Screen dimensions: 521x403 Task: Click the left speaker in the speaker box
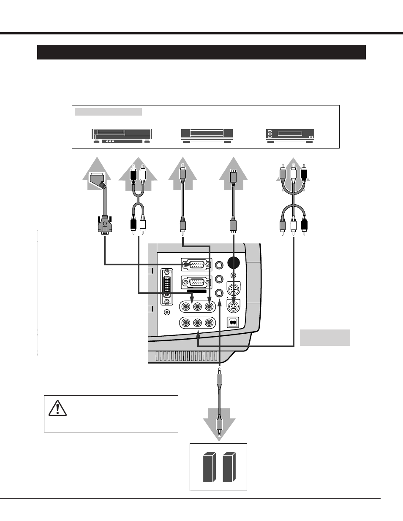[208, 467]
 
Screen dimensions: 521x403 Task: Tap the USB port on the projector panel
[233, 322]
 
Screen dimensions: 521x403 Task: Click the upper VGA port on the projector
[196, 265]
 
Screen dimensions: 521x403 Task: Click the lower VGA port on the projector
[196, 283]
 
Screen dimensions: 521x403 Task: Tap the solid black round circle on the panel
[234, 262]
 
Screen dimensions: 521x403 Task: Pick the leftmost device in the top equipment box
[122, 135]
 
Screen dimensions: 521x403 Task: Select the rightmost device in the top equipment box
[290, 136]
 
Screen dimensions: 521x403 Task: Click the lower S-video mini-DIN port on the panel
[234, 305]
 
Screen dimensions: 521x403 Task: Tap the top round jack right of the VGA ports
[219, 265]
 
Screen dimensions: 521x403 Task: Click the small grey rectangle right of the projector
[325, 337]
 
